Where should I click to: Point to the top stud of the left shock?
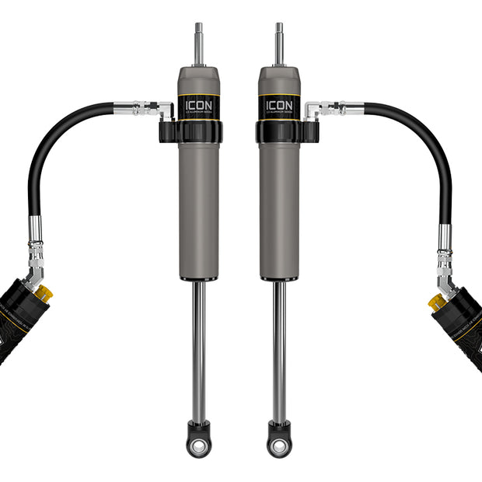[198, 44]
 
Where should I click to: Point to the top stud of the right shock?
[279, 44]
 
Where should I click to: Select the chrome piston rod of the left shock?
[200, 350]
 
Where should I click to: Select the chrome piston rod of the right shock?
[278, 350]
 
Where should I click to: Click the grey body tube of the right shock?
[279, 210]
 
